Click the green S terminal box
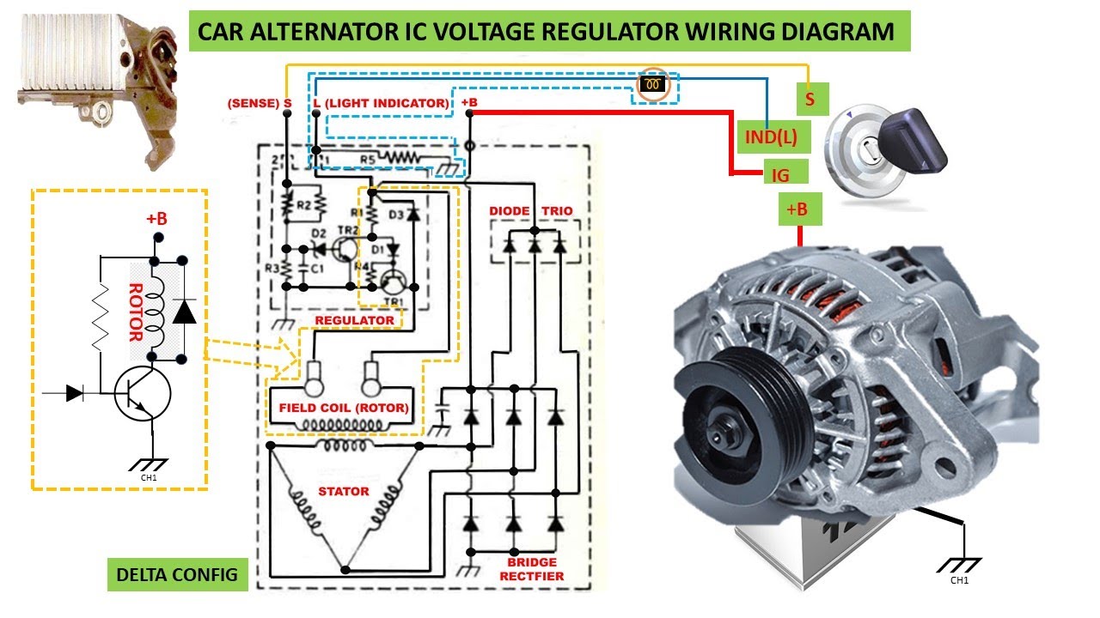(810, 100)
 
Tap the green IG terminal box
(780, 174)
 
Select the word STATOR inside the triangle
(343, 492)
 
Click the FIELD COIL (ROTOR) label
(343, 408)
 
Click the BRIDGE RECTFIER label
(532, 568)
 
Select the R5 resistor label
(368, 159)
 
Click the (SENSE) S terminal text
(259, 104)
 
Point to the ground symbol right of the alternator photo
(958, 565)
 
